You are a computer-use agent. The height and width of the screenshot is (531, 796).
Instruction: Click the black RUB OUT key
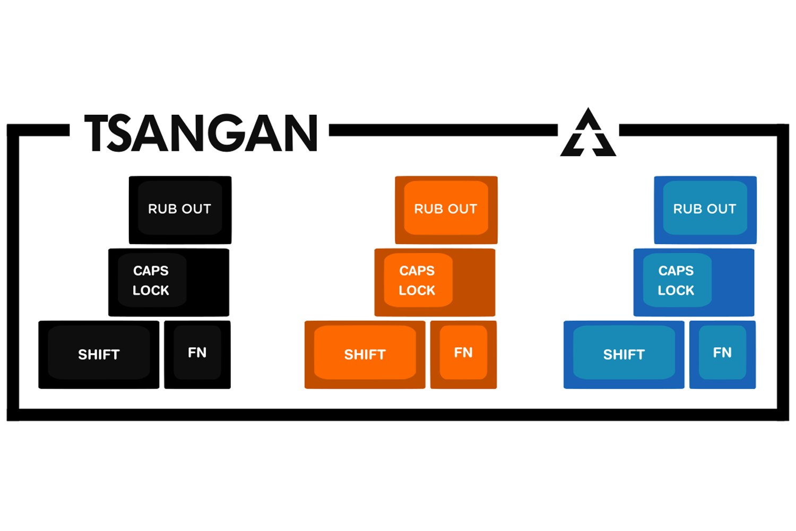(180, 210)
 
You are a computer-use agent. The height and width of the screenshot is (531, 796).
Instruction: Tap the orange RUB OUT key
(446, 210)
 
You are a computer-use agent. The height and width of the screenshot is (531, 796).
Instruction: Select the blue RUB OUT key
(705, 210)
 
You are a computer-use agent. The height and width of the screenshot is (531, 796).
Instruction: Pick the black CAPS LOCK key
(169, 282)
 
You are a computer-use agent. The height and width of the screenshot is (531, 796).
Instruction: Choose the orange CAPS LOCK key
(435, 282)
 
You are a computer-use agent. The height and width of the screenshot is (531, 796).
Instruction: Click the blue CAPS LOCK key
(694, 282)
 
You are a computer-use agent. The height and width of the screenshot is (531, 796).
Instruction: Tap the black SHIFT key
(99, 354)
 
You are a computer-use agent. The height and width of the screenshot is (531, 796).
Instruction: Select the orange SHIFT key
(365, 354)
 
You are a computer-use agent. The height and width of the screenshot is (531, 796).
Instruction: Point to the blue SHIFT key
(624, 354)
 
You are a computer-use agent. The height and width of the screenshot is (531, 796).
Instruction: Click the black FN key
(197, 354)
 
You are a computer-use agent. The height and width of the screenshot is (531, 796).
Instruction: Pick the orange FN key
(463, 354)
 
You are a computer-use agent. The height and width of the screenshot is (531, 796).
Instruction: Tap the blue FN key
(722, 354)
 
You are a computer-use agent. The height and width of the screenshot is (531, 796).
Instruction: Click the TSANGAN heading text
(201, 133)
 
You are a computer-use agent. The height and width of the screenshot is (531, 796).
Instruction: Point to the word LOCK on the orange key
(417, 290)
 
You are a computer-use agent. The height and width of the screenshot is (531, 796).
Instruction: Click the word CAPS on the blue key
(676, 271)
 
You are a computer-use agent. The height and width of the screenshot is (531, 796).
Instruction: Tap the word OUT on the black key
(197, 209)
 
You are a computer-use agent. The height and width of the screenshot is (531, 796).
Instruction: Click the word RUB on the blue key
(685, 209)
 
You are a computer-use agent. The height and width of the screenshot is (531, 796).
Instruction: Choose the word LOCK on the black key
(151, 290)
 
